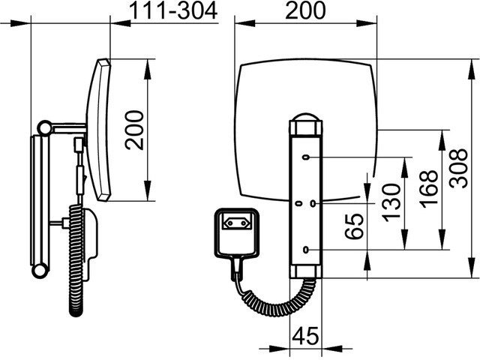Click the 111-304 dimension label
point(173,11)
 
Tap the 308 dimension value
point(458,168)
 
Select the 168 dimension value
point(428,189)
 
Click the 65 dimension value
point(354,226)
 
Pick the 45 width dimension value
point(305,336)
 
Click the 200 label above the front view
point(305,10)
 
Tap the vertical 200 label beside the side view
point(134,130)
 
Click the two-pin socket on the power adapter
point(238,223)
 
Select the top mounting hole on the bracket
point(305,157)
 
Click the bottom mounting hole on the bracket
point(305,250)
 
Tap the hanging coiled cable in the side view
point(76,260)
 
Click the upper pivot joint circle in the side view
point(45,127)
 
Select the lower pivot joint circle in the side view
point(40,271)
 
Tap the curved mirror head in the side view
point(98,130)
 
